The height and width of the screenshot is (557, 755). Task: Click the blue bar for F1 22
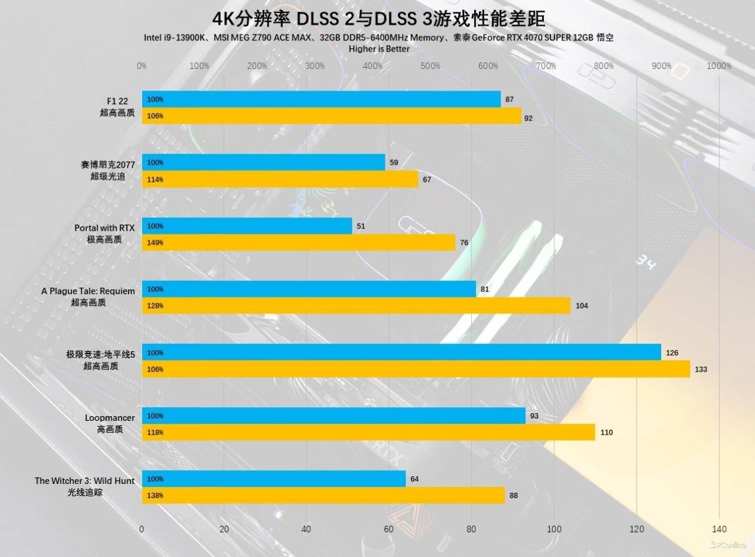coord(321,99)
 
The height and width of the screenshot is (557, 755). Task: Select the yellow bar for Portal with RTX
coord(299,243)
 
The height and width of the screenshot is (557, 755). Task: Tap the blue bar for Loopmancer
coord(334,416)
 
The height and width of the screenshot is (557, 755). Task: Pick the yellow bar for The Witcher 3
coord(323,495)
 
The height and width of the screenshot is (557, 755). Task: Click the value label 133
coord(701,369)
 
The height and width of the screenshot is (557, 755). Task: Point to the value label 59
coord(394,162)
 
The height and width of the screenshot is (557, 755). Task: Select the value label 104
coord(582,306)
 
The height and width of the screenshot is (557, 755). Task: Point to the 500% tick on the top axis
coord(430,66)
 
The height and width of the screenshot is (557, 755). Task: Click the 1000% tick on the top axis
coord(719,66)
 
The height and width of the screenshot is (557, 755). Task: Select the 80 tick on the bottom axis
coord(471,529)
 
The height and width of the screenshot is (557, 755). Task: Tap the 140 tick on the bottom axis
coord(719,529)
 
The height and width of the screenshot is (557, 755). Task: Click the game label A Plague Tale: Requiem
coord(88,291)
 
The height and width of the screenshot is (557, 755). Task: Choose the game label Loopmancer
coord(110,418)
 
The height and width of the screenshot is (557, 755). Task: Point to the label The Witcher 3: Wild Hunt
coord(84,481)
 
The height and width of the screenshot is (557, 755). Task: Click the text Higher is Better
coord(379,49)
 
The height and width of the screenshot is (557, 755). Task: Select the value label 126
coord(672,353)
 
